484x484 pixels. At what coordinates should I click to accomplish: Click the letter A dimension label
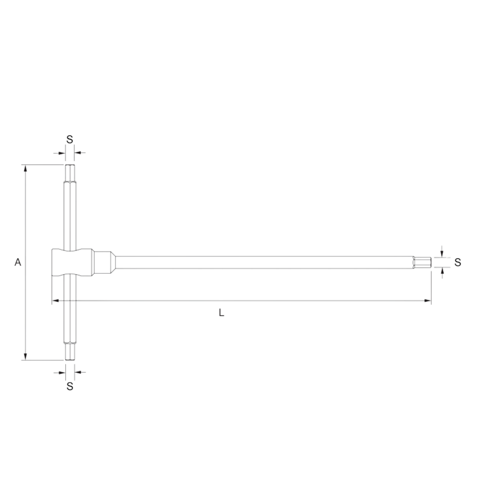pyautogui.click(x=18, y=262)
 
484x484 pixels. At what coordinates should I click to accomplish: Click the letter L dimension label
pyautogui.click(x=221, y=313)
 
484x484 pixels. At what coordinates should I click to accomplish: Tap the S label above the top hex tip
pyautogui.click(x=70, y=140)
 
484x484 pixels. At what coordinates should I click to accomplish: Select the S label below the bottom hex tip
pyautogui.click(x=70, y=386)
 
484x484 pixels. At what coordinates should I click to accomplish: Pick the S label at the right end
pyautogui.click(x=458, y=262)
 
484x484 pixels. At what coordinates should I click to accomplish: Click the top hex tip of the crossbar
pyautogui.click(x=70, y=173)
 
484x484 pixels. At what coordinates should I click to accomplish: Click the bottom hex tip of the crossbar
pyautogui.click(x=70, y=352)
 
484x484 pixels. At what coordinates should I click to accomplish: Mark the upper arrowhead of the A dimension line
pyautogui.click(x=26, y=168)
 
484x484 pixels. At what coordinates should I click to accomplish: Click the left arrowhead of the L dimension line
pyautogui.click(x=55, y=301)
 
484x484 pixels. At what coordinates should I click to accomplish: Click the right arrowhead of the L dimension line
pyautogui.click(x=428, y=301)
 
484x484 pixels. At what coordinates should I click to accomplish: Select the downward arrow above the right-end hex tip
pyautogui.click(x=442, y=253)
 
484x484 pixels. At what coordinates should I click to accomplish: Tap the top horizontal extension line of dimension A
pyautogui.click(x=42, y=165)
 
